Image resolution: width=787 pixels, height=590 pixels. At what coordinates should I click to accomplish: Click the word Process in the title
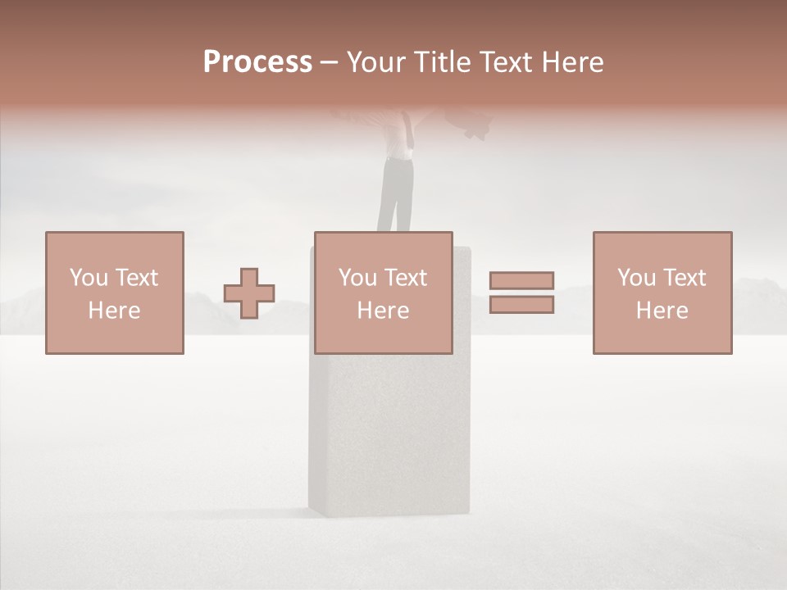(257, 62)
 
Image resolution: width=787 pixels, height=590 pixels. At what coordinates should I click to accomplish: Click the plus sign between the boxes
(249, 293)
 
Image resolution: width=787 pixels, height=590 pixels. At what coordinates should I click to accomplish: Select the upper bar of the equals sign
(521, 280)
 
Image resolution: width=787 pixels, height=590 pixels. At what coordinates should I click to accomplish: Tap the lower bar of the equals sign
(521, 305)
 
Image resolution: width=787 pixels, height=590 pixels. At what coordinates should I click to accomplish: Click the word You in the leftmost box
(89, 278)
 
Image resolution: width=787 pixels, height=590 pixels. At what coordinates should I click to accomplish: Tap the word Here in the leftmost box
(114, 311)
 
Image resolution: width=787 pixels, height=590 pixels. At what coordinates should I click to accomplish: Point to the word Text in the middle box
(407, 278)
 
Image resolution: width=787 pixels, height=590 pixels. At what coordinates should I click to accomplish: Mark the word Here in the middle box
(383, 311)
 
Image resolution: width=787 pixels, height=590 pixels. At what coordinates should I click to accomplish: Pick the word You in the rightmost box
(636, 278)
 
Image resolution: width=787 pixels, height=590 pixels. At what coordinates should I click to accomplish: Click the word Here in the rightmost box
(662, 311)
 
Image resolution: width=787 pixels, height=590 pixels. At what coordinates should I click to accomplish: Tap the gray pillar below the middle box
(389, 434)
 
